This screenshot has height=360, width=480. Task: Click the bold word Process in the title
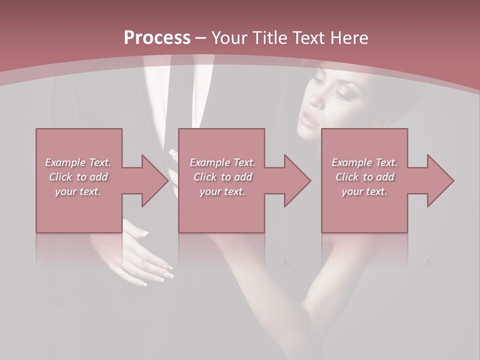pos(157,38)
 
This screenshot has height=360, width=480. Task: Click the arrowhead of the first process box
pos(152,180)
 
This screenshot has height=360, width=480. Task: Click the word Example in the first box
pos(65,162)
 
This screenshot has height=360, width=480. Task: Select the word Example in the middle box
pos(209,162)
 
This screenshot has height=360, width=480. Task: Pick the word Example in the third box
pos(351,162)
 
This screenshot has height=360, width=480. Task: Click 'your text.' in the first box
pos(78,191)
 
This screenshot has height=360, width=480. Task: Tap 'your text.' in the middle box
pos(222,191)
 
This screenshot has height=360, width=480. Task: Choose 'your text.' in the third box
pos(364,191)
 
